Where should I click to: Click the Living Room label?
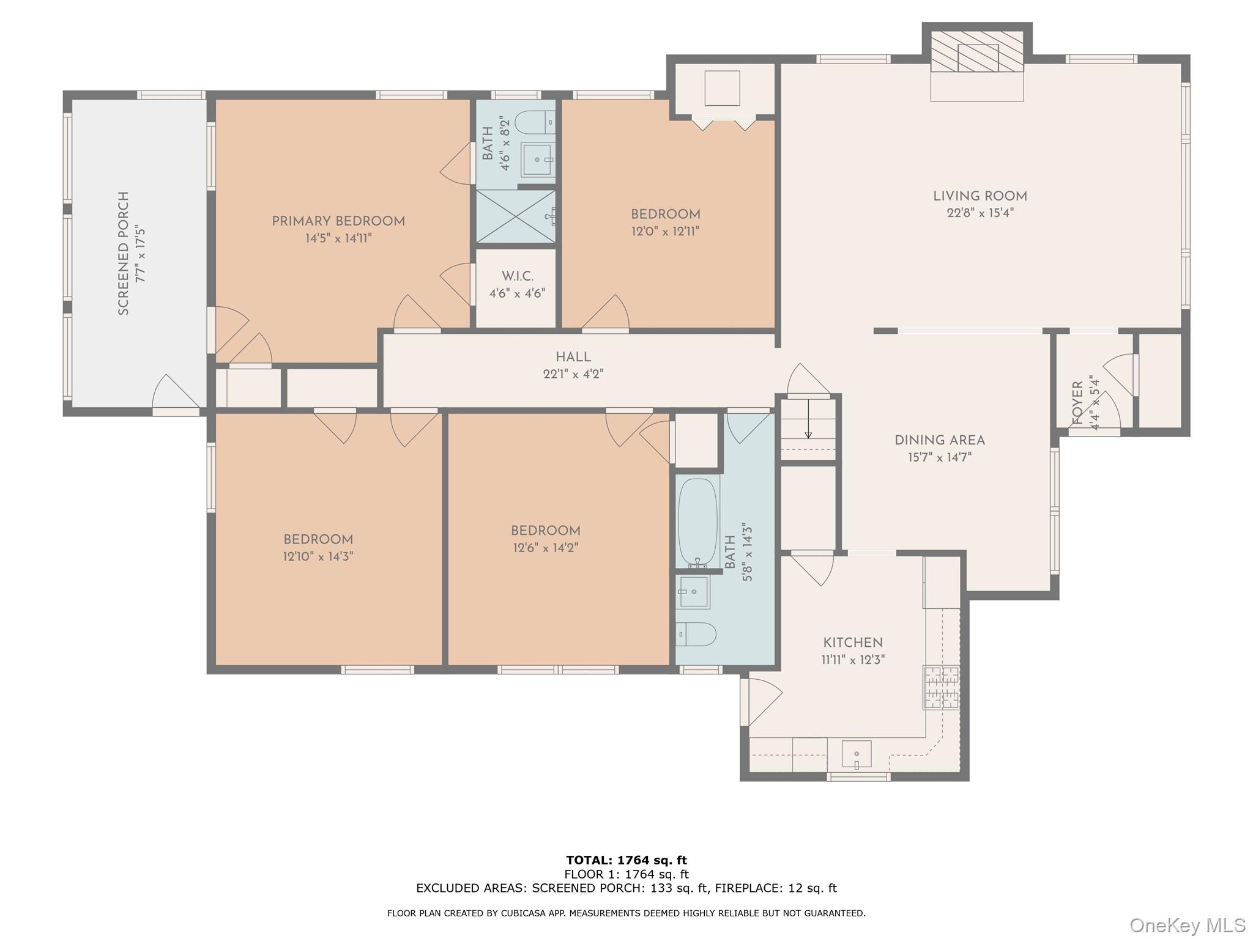pyautogui.click(x=980, y=196)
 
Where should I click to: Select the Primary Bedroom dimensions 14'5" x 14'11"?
pyautogui.click(x=338, y=238)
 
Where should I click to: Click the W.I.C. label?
pyautogui.click(x=517, y=276)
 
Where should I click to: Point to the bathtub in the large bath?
pyautogui.click(x=697, y=523)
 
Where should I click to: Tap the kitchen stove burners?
pyautogui.click(x=941, y=687)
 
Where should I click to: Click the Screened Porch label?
pyautogui.click(x=124, y=253)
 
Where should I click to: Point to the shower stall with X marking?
pyautogui.click(x=515, y=216)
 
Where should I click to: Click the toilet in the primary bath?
pyautogui.click(x=535, y=122)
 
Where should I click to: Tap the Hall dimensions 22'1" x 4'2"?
pyautogui.click(x=573, y=374)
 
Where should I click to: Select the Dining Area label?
pyautogui.click(x=939, y=440)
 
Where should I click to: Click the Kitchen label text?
pyautogui.click(x=852, y=643)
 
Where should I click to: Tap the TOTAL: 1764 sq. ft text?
pyautogui.click(x=626, y=861)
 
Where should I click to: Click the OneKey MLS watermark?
pyautogui.click(x=1187, y=925)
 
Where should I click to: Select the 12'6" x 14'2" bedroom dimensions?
pyautogui.click(x=545, y=548)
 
